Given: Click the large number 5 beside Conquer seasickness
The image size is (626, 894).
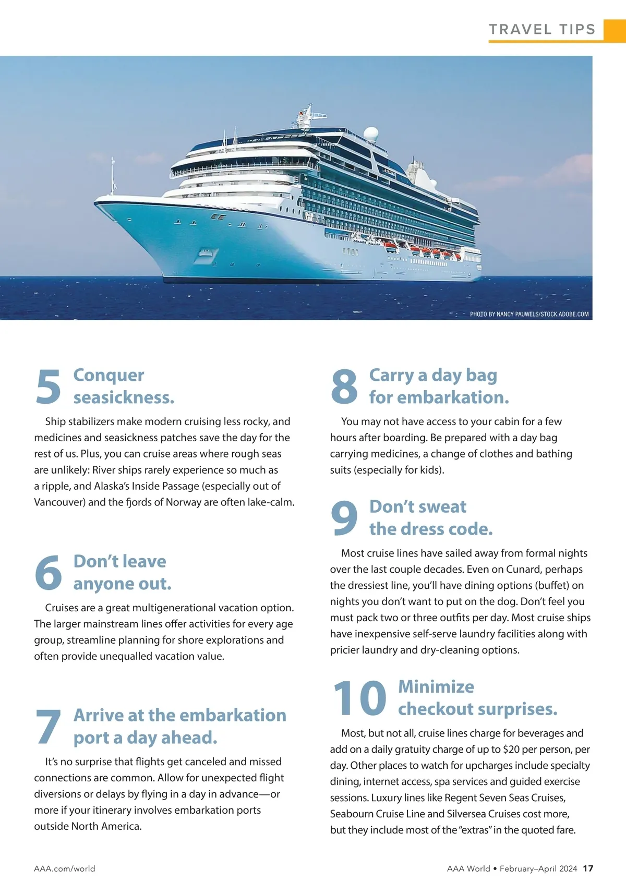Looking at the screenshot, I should click(x=49, y=386).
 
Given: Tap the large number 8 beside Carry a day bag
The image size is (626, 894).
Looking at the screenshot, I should click(x=344, y=386).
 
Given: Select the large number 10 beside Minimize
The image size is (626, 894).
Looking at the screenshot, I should click(x=359, y=698).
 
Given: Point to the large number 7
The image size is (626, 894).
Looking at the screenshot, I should click(x=48, y=727).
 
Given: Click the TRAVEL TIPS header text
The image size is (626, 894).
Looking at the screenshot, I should click(x=542, y=30).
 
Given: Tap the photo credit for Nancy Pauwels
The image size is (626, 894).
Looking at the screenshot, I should click(x=529, y=314).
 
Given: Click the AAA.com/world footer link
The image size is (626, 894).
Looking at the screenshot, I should click(x=65, y=868).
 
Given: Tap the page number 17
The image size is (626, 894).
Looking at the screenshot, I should click(x=588, y=868).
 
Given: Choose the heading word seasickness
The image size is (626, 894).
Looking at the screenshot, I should click(x=124, y=397).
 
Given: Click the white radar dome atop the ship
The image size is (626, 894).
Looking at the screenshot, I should click(x=371, y=133).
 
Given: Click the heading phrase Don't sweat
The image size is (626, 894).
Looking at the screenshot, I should click(x=418, y=506).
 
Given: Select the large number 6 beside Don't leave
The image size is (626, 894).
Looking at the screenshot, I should click(x=48, y=573).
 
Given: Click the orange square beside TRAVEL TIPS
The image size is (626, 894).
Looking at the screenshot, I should click(x=615, y=30).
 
